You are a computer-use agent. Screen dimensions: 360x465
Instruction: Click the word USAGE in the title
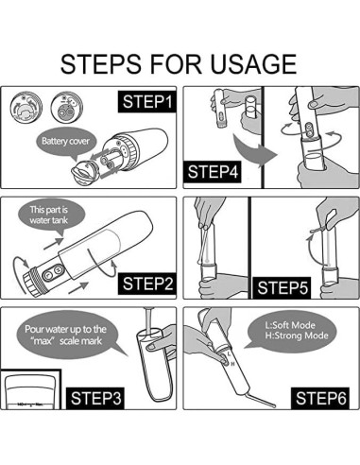click(253, 64)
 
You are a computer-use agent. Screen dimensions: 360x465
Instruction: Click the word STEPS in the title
click(101, 64)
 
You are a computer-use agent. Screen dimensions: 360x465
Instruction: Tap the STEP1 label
click(147, 102)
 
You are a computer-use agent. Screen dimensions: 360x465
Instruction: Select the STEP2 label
click(147, 284)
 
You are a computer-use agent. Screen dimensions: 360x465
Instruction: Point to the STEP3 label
click(95, 398)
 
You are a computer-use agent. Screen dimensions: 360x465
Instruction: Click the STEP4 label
click(213, 172)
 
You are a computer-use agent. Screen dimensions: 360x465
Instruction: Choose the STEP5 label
click(282, 287)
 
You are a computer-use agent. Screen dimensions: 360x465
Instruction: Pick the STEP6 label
click(320, 398)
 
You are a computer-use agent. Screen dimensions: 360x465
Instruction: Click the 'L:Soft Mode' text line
click(290, 325)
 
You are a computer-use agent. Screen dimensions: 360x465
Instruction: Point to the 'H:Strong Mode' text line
click(297, 336)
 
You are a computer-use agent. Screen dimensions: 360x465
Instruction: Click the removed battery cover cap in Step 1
click(84, 172)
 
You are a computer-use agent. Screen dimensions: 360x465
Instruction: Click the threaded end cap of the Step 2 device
click(32, 281)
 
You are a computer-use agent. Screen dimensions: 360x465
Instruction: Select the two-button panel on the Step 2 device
click(53, 273)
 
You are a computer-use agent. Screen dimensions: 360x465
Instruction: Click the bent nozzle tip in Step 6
click(263, 399)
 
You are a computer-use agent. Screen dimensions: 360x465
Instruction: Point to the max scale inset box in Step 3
click(30, 389)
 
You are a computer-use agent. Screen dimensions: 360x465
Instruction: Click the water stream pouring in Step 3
click(147, 320)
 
